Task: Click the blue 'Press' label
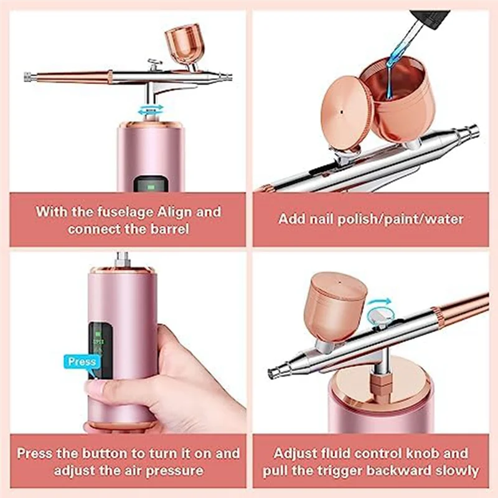[82, 362]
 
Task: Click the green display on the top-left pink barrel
[149, 184]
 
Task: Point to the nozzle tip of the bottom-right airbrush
[272, 374]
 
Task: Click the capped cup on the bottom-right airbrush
[337, 308]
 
